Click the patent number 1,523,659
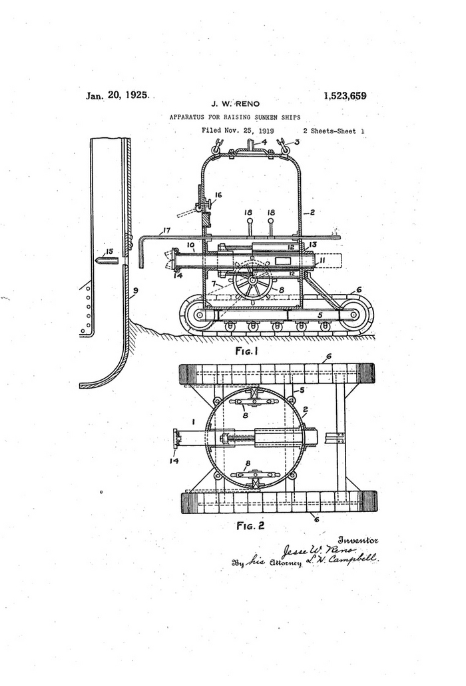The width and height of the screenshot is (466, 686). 345,96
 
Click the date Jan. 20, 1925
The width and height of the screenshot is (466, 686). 116,95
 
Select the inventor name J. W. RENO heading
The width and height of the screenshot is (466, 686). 236,104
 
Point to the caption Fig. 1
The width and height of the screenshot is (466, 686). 248,351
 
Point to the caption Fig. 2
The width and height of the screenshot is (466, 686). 251,525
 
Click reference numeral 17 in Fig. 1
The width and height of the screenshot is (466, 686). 166,230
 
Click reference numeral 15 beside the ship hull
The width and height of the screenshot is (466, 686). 109,251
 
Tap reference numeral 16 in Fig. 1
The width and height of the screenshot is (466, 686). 218,195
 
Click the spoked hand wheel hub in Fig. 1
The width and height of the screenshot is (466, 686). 252,281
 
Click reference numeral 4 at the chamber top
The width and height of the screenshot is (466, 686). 264,142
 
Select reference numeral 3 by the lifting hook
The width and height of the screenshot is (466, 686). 298,141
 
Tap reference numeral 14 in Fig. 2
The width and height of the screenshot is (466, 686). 174,461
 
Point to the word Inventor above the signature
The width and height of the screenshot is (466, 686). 358,540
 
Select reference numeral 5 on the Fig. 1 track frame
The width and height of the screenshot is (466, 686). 320,315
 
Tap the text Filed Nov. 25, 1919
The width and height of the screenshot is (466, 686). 238,131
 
